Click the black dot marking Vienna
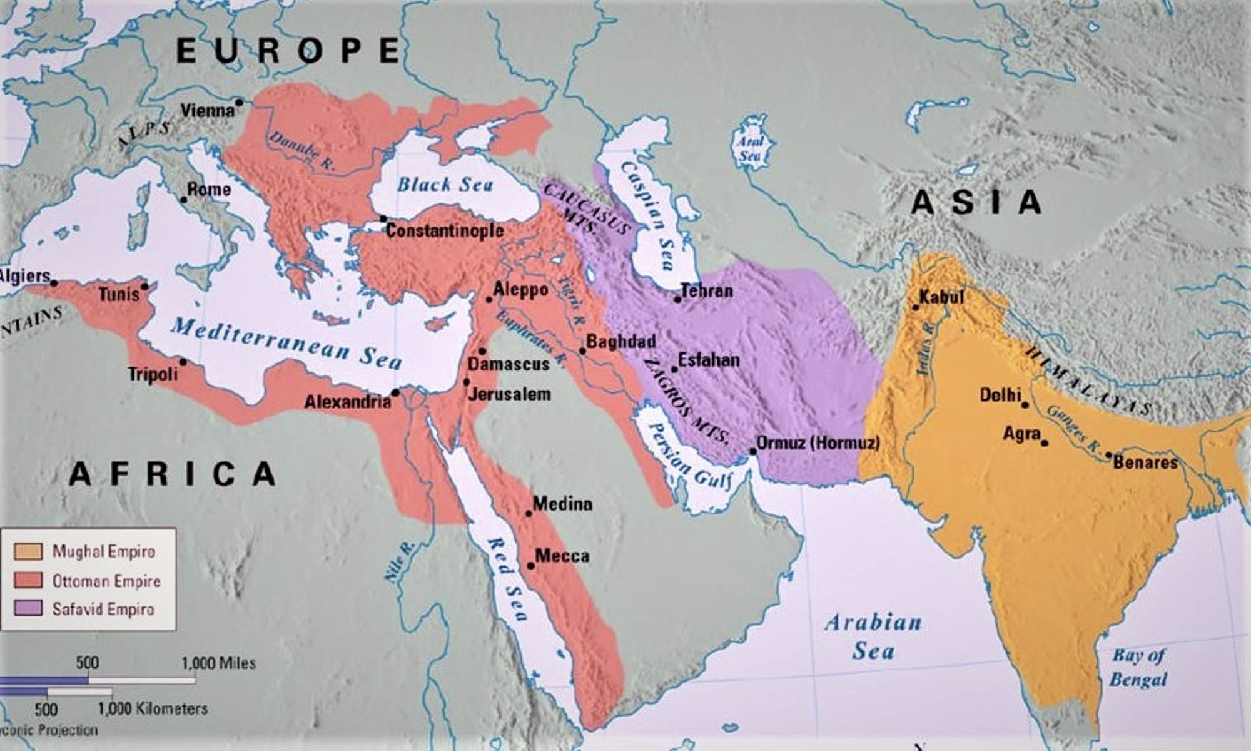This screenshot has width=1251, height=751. tap(238, 101)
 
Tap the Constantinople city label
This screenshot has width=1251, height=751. tap(444, 231)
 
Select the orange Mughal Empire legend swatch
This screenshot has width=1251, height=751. tap(28, 551)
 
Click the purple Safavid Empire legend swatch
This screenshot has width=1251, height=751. tap(28, 608)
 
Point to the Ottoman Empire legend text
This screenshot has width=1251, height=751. tap(106, 581)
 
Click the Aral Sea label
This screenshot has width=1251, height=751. tap(750, 148)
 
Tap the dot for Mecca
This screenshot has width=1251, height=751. tap(530, 566)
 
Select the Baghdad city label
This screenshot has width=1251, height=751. tap(621, 342)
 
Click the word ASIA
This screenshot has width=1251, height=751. tap(976, 203)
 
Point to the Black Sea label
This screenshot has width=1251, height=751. tap(445, 185)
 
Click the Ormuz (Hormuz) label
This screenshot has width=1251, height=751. tap(818, 443)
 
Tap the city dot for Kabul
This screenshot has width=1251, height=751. tap(916, 307)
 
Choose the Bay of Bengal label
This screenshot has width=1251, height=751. tap(1138, 668)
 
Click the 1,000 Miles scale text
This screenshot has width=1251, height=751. tap(218, 663)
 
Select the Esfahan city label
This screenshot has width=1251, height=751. tap(709, 360)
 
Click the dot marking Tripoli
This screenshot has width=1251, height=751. tap(183, 362)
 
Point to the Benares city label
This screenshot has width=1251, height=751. tap(1145, 462)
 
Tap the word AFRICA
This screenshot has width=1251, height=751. tap(172, 474)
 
